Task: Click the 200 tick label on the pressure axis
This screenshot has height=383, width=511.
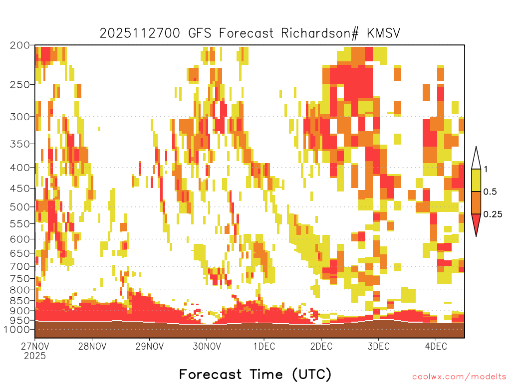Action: [x=20, y=45]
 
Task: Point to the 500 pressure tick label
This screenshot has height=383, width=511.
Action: [x=20, y=207]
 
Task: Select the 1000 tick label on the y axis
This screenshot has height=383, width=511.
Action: [x=17, y=329]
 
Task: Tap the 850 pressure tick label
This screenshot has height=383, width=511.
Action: [x=20, y=301]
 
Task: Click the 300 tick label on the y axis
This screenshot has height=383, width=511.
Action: [x=20, y=117]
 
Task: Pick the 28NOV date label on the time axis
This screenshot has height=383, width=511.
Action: [x=92, y=346]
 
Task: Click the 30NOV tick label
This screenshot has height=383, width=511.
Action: [x=207, y=346]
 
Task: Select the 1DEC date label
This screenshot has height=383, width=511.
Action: [x=264, y=346]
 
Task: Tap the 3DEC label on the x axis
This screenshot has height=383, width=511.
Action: [x=379, y=346]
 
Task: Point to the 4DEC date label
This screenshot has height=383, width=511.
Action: [x=436, y=346]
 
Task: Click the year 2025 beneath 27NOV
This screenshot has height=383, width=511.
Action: [x=35, y=356]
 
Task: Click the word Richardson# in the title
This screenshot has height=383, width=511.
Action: [x=320, y=33]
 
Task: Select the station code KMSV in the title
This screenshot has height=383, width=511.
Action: [x=384, y=33]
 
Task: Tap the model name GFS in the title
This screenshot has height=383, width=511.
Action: [x=200, y=33]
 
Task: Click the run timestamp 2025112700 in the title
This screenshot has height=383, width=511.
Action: [x=140, y=33]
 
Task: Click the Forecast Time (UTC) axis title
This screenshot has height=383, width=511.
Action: [x=255, y=374]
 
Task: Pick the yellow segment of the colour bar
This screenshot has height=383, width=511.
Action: [x=476, y=180]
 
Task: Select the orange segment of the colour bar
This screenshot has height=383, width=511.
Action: [x=476, y=202]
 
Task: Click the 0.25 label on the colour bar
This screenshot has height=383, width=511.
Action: [x=493, y=214]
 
